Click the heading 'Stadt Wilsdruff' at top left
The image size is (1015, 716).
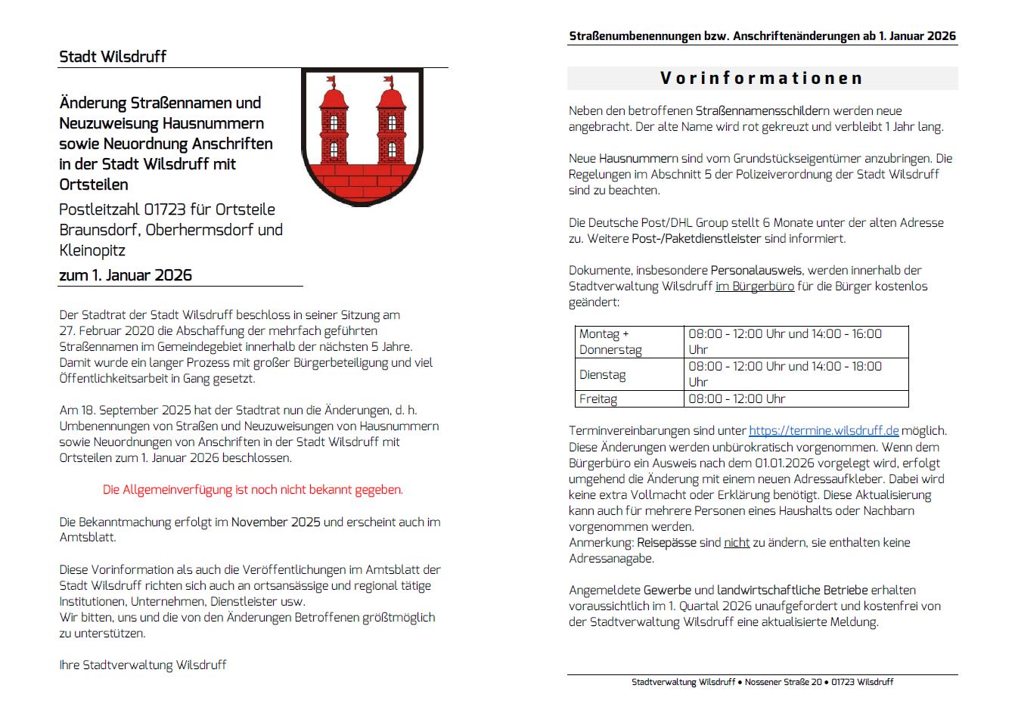(x=113, y=57)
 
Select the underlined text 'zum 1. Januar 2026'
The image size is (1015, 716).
(x=126, y=275)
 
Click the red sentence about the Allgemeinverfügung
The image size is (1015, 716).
(x=253, y=490)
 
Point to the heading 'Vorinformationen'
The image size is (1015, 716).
(x=762, y=78)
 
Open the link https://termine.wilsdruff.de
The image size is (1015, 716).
(x=824, y=431)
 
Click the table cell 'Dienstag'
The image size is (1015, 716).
(x=602, y=375)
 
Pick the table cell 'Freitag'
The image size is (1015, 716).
(x=598, y=399)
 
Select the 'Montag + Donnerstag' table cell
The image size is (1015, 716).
(x=610, y=342)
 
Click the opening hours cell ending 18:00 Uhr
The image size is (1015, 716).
(x=784, y=374)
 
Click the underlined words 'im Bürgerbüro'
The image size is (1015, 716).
(x=755, y=287)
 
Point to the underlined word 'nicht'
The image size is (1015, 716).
(x=737, y=543)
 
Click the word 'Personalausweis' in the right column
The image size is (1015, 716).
(x=756, y=271)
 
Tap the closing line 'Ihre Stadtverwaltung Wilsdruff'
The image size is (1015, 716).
(x=143, y=665)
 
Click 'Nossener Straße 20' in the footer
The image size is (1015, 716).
(x=783, y=682)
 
